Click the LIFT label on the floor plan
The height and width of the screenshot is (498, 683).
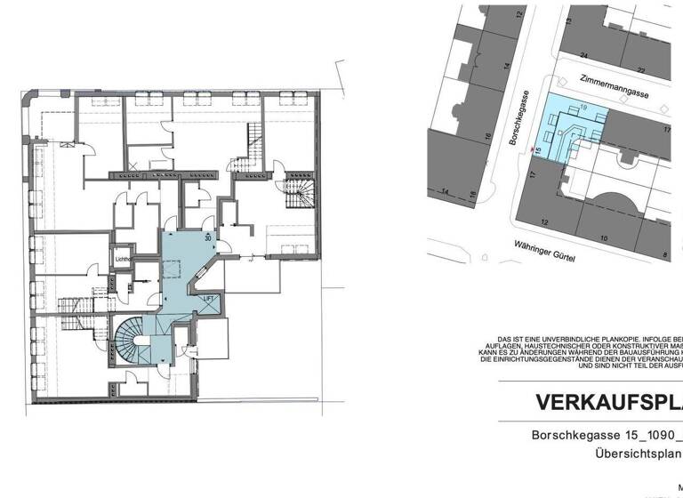point(209,299)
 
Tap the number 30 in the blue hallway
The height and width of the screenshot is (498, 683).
point(208,238)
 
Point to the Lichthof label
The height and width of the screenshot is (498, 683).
point(123,259)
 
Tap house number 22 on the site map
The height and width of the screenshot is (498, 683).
point(639,68)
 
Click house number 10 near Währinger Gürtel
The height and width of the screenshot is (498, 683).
point(603,237)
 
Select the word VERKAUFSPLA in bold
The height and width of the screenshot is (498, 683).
point(608,402)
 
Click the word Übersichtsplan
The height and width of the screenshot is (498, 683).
point(639,454)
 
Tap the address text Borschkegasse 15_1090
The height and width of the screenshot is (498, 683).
point(605,436)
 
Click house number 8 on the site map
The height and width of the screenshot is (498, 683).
point(664,256)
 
